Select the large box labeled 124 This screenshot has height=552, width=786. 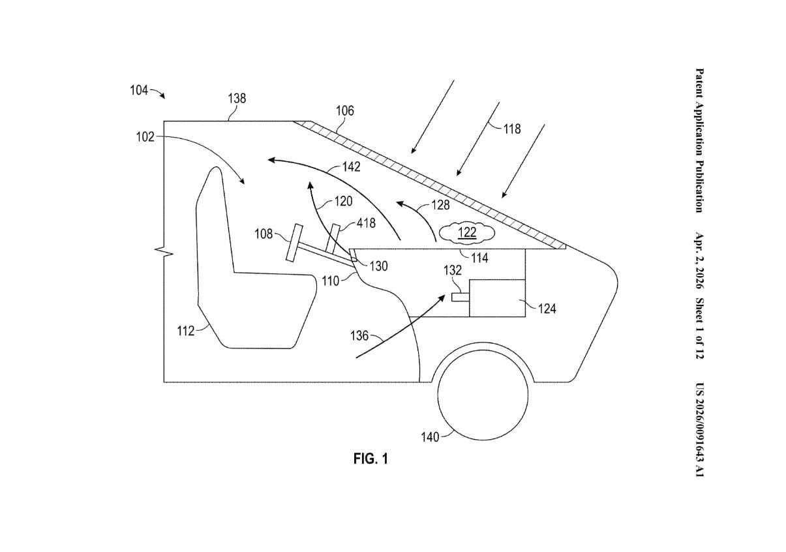coord(497,298)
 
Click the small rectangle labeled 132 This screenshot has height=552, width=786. coord(461,298)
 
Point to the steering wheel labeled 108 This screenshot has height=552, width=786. coord(294,243)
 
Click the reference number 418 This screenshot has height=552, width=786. coord(366,223)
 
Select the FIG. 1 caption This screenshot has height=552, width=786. coord(370,459)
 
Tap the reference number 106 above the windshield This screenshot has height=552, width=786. coord(345,111)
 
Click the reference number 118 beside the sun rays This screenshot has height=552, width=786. coord(512,129)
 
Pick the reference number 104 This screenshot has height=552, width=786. coord(139,90)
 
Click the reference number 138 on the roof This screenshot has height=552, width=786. coord(237,99)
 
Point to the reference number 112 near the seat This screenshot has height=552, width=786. coord(186,331)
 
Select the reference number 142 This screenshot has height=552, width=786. coord(351,166)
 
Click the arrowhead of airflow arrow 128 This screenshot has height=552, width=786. coord(400,204)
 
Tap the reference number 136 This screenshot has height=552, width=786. coord(359,336)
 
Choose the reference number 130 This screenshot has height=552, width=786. coord(378,266)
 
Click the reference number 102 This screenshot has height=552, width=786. coord(145,137)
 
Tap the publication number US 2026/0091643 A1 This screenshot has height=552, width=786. coord(699,429)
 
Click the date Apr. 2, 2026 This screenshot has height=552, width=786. coord(699,260)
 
